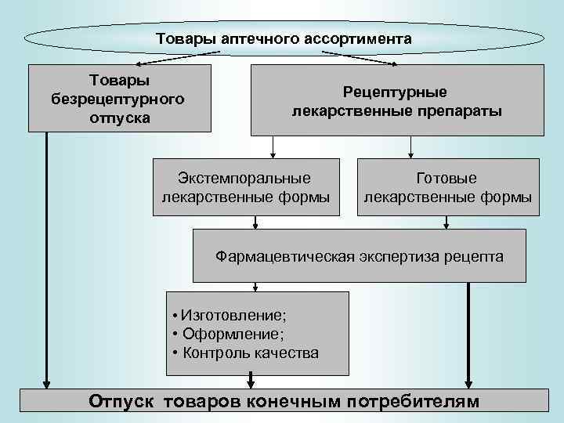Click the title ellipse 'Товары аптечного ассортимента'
tap(284, 38)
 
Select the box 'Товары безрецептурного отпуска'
tap(120, 99)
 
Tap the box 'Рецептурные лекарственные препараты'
tap(396, 101)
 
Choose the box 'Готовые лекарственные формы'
tap(448, 187)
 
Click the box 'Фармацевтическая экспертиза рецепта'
tap(360, 255)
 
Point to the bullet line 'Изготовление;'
tap(229, 316)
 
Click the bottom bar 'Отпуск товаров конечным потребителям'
tap(282, 401)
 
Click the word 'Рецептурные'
tap(396, 92)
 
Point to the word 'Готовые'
tap(448, 179)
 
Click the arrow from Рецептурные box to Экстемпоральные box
tap(273, 147)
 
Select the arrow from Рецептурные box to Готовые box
tap(410, 147)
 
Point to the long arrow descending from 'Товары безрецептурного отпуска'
tap(47, 258)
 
